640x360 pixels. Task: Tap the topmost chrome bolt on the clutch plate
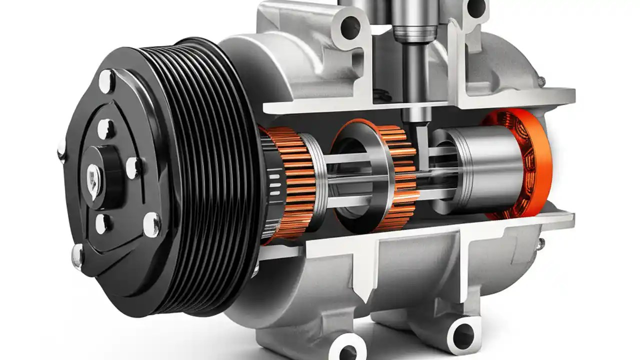pyautogui.click(x=106, y=80)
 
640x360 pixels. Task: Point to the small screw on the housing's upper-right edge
pyautogui.click(x=541, y=80)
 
